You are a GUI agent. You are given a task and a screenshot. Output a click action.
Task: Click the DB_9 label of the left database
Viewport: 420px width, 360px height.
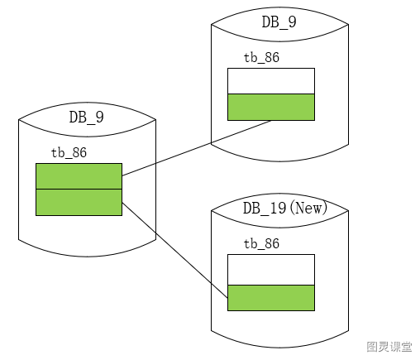coord(87,118)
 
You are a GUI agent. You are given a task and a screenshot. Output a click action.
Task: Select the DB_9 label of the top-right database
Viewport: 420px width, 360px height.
coord(279,22)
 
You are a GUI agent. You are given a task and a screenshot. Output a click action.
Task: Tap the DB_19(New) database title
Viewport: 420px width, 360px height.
coord(285,208)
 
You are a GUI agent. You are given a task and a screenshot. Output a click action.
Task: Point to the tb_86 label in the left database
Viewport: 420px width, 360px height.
coord(69,152)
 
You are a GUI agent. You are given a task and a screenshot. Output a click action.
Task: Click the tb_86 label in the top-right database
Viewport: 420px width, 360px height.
coord(261,57)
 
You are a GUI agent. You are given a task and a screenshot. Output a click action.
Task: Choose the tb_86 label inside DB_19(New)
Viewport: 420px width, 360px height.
coord(261,243)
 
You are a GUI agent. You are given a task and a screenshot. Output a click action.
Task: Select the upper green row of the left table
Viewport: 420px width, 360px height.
coord(79,176)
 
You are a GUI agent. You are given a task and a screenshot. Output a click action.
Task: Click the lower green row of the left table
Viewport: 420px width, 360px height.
coord(79,202)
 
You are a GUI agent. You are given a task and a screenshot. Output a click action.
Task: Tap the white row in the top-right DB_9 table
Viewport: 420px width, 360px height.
coord(271,81)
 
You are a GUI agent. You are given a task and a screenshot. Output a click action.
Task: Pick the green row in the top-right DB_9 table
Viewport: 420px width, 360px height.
coord(271,107)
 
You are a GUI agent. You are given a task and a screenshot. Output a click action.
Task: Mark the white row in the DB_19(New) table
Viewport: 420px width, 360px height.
coord(271,270)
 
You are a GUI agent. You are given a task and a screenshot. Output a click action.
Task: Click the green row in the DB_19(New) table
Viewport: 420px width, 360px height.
coord(271,298)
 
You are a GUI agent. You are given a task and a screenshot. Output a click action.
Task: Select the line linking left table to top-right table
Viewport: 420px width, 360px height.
coord(197,148)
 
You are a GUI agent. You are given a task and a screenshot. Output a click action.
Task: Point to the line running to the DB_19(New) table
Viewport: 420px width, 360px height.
coord(174,251)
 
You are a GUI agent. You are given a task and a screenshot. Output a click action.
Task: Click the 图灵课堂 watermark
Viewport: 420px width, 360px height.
coord(389,347)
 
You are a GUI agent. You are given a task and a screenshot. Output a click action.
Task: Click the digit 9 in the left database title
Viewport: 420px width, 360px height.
coord(99,118)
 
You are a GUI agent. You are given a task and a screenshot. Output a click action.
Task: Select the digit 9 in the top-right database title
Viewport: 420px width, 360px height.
coord(292,22)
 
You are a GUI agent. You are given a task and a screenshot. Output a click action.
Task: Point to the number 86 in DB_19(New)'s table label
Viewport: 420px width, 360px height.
coord(271,243)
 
